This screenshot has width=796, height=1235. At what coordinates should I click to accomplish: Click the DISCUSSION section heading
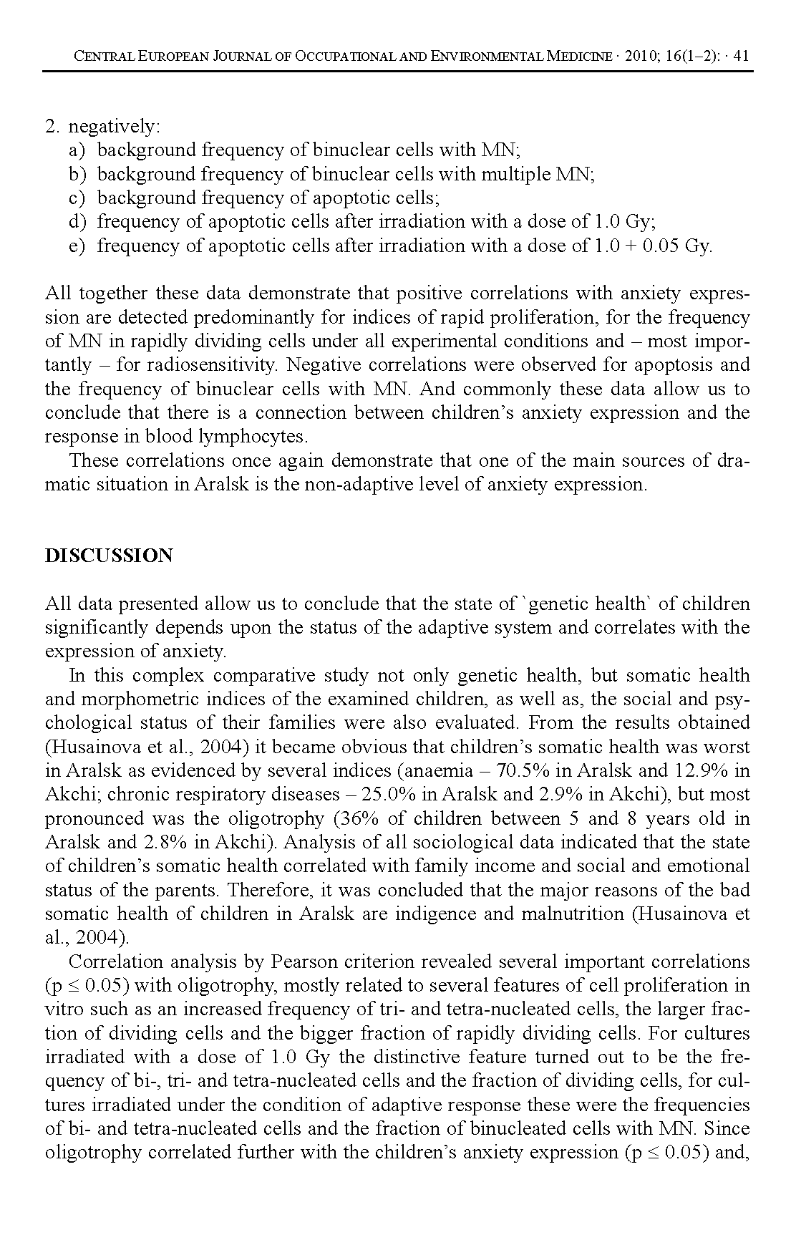pyautogui.click(x=109, y=556)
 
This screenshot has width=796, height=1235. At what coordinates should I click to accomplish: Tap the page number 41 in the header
pyautogui.click(x=741, y=56)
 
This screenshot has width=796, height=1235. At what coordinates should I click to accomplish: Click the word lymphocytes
pyautogui.click(x=246, y=437)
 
